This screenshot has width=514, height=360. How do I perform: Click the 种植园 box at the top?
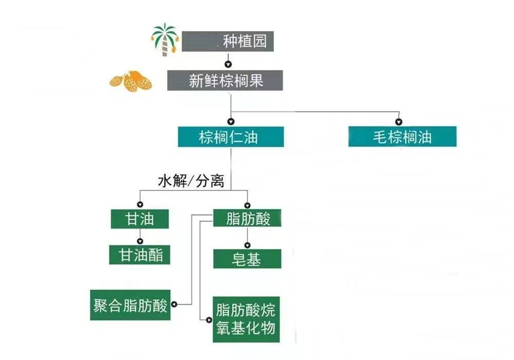[x=228, y=41]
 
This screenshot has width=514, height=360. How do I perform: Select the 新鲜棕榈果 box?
[x=225, y=81]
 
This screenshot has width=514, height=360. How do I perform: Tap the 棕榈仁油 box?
[x=230, y=137]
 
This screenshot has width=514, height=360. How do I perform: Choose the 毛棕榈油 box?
[x=402, y=137]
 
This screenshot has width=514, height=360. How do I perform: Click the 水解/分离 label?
[x=191, y=181]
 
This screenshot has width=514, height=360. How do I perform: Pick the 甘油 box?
[x=140, y=219]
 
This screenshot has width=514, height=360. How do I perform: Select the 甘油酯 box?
[x=140, y=255]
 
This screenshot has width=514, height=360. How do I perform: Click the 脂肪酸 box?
[x=248, y=218]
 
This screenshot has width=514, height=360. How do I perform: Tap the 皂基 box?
[x=247, y=259]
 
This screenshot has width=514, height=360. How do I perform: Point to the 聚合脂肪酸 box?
[x=131, y=306]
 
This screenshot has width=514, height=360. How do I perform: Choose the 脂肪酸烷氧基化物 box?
[x=246, y=319]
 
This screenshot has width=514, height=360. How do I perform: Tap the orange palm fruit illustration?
[x=131, y=80]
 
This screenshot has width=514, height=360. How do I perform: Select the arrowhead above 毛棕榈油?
[x=399, y=122]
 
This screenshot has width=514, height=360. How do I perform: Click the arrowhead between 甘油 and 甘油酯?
[x=140, y=240]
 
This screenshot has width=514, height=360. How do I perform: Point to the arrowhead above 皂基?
[x=247, y=244]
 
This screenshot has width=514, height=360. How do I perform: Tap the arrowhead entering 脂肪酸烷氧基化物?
[x=209, y=319]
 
